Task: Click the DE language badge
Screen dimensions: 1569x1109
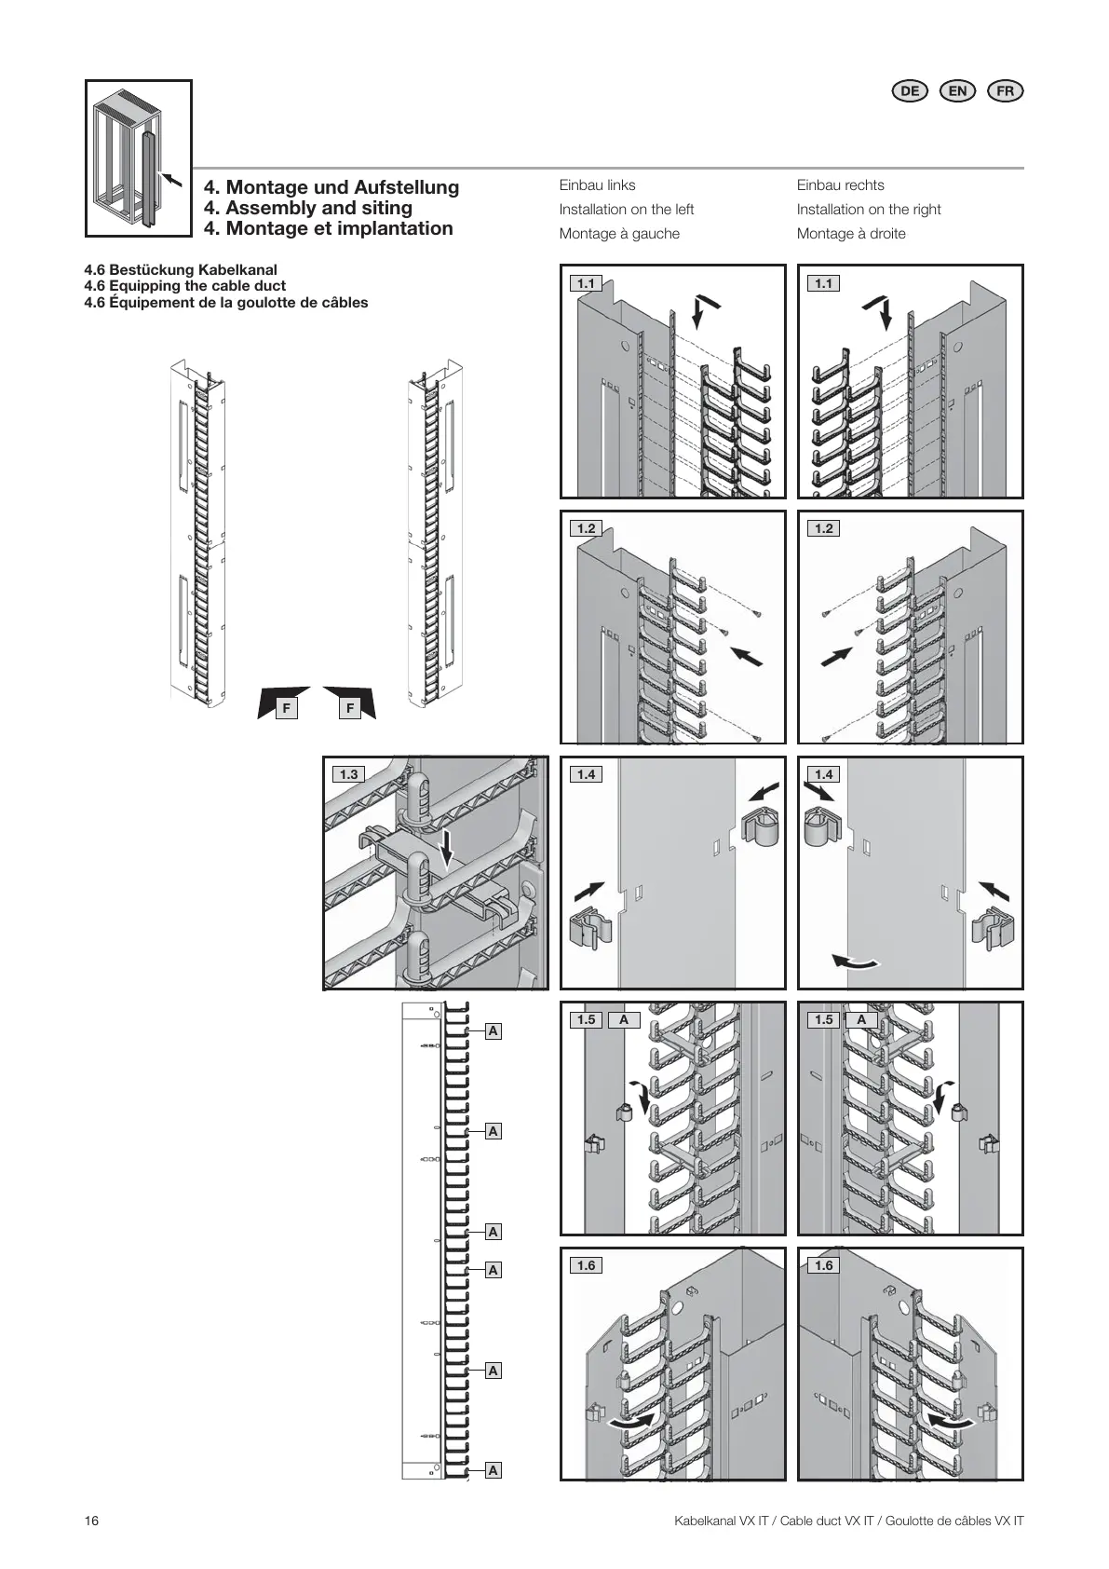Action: [910, 90]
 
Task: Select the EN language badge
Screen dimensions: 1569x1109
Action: [957, 90]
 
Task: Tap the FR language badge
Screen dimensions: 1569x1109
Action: [1005, 90]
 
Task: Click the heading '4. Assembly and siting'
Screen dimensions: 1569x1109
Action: [308, 208]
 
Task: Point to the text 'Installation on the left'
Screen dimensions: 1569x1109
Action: [626, 210]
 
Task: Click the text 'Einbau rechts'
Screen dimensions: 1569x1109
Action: [840, 185]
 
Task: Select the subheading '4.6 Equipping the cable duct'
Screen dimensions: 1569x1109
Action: [184, 286]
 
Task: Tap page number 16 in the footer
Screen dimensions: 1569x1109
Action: [91, 1521]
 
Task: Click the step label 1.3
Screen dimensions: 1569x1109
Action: [348, 774]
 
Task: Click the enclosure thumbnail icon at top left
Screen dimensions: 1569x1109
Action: [139, 158]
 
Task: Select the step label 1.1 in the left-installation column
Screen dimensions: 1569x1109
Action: [586, 283]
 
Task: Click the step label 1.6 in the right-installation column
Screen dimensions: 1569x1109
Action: [824, 1265]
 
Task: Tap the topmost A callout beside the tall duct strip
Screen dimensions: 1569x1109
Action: [494, 1031]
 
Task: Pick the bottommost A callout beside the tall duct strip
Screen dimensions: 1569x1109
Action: [494, 1470]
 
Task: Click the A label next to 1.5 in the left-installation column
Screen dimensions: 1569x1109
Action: [624, 1020]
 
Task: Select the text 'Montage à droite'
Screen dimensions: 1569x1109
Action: [851, 234]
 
